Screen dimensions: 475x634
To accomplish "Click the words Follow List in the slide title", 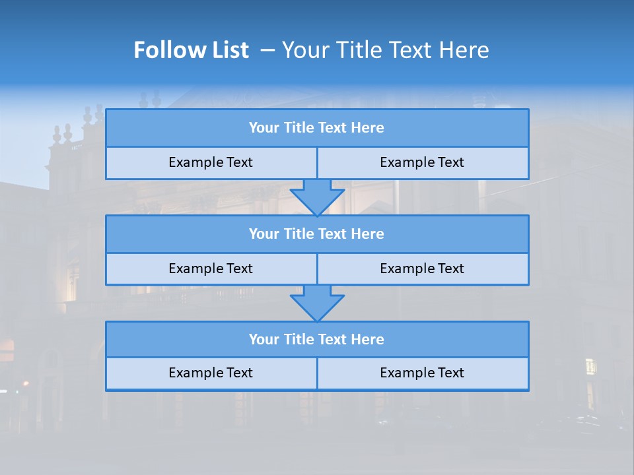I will [x=191, y=50].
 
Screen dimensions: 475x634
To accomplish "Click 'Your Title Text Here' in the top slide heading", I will [x=385, y=50].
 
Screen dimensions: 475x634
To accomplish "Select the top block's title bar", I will [x=317, y=128].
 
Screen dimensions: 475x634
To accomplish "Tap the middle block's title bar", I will [x=317, y=234].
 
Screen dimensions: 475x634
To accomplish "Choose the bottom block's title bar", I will [x=317, y=340].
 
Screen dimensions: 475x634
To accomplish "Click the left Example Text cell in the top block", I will [x=211, y=162].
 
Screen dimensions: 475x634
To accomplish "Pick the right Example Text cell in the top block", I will [x=422, y=162].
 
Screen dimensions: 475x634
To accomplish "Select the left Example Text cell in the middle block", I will [x=211, y=269].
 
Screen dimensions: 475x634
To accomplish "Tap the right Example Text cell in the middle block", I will [x=422, y=269].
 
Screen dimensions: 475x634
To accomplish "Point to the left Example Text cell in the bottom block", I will [x=211, y=373].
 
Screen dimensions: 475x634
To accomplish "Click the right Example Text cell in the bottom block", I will [x=422, y=373].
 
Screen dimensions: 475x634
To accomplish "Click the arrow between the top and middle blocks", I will [x=317, y=197].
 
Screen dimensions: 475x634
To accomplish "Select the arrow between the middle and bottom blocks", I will [x=317, y=303].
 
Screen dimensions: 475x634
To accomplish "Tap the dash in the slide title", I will [x=267, y=50].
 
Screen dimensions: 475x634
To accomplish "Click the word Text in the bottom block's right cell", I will [x=450, y=373].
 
